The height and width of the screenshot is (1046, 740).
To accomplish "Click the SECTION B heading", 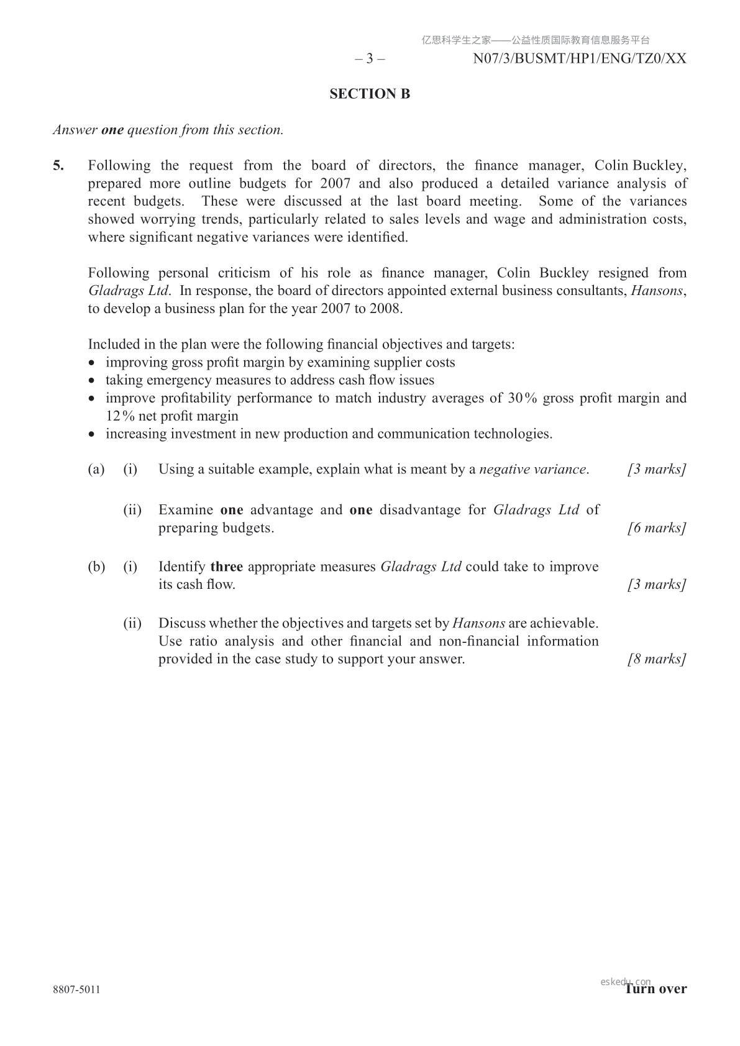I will [370, 94].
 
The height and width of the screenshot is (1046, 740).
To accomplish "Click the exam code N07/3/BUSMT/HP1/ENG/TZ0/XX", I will [579, 59].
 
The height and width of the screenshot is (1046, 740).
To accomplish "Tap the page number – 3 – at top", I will [370, 59].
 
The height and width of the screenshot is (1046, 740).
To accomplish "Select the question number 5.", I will [58, 166].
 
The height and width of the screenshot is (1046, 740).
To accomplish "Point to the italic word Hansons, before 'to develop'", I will [657, 291].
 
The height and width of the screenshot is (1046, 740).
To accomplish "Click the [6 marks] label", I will [657, 528].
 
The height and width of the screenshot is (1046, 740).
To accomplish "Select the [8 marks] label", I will [657, 659].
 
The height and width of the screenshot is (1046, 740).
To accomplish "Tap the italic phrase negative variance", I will [532, 470].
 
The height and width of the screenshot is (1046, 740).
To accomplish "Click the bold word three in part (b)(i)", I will [227, 566].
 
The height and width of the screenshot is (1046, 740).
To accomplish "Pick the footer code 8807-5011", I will [76, 989].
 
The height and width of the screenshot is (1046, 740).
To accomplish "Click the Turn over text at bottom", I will [656, 989].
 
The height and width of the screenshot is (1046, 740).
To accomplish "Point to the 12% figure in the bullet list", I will [120, 416].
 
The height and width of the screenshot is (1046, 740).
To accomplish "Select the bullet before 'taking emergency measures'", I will [93, 381].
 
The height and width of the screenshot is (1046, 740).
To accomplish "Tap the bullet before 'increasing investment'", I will [93, 434].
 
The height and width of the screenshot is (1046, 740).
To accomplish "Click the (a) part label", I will [96, 470].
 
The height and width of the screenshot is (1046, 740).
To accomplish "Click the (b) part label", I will [96, 566].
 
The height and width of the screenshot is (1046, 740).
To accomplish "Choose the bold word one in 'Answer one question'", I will [112, 130].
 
